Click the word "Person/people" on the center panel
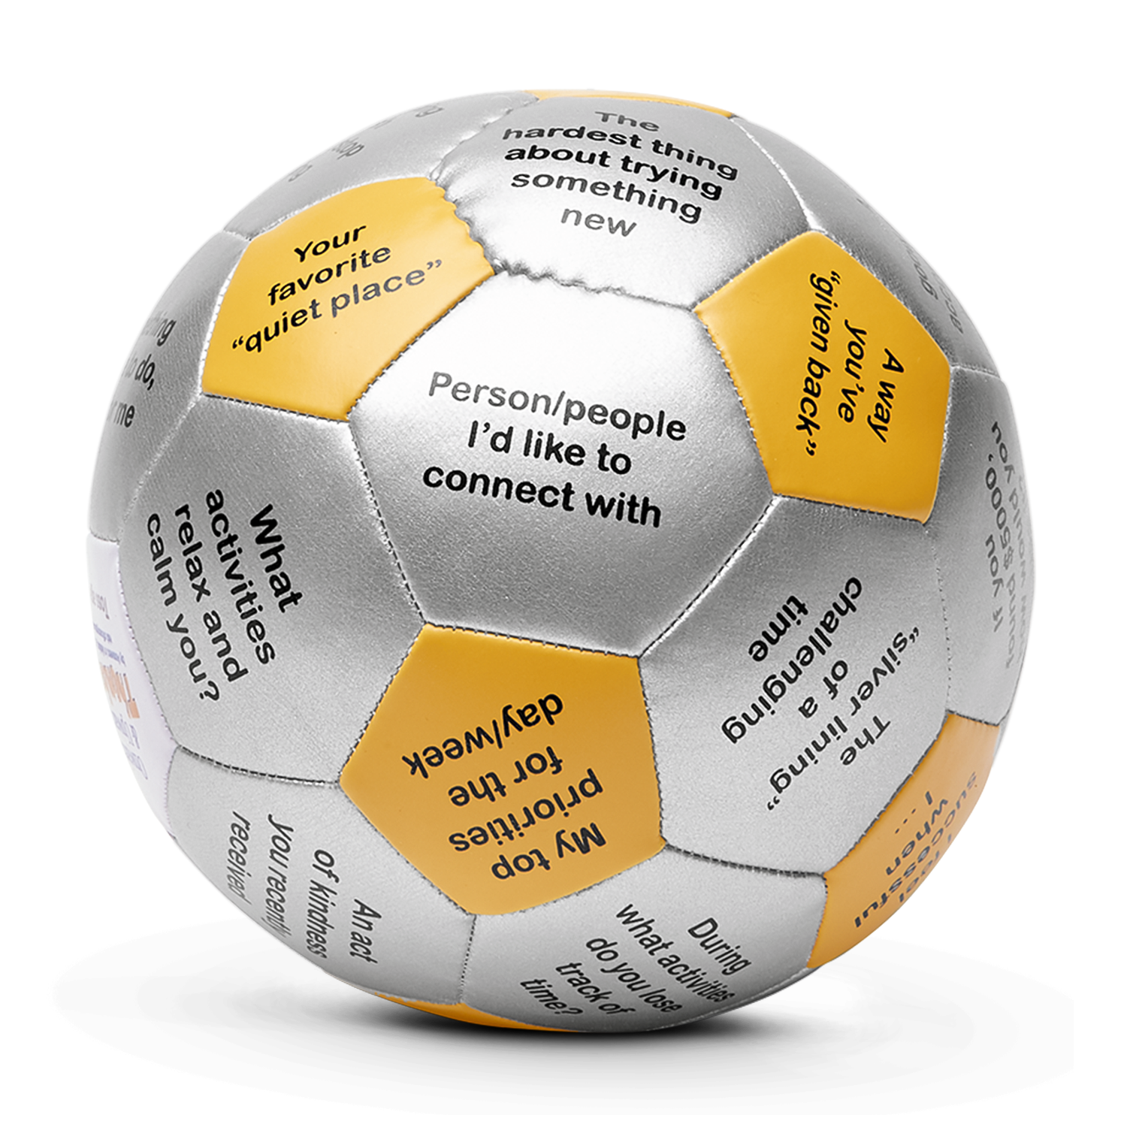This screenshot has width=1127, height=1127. pyautogui.click(x=556, y=403)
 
